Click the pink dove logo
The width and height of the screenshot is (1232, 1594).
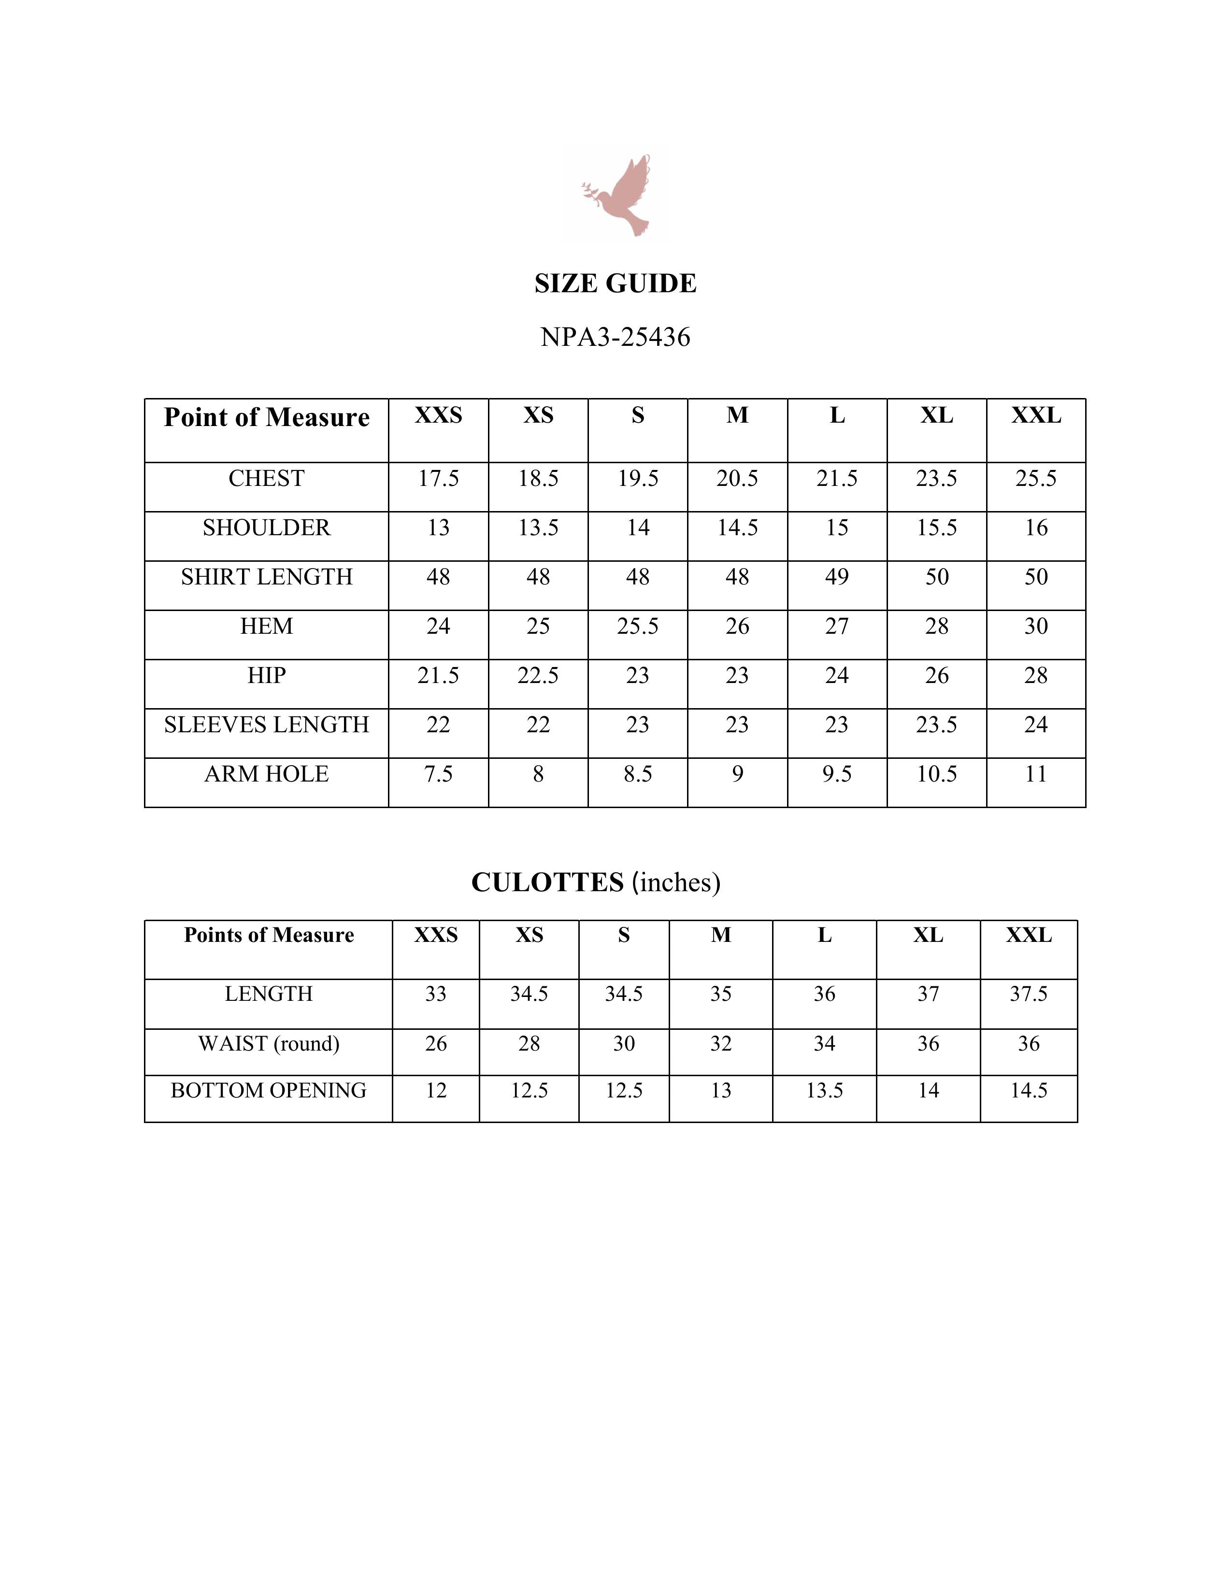[x=617, y=195]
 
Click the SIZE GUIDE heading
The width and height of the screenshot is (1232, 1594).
[x=615, y=283]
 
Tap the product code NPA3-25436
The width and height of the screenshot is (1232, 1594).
[x=615, y=337]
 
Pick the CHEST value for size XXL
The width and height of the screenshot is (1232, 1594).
[x=1036, y=479]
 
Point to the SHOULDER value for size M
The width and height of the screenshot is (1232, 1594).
[x=737, y=527]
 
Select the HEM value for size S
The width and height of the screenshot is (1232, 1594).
[x=637, y=626]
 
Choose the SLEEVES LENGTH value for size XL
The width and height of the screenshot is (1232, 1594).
[x=936, y=725]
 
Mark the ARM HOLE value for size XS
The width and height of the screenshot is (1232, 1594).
[x=538, y=774]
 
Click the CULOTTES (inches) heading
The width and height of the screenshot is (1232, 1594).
[x=596, y=882]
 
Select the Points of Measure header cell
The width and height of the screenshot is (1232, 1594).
[x=269, y=935]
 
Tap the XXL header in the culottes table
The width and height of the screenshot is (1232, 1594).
[x=1029, y=935]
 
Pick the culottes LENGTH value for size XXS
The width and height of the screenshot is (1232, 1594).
[x=436, y=994]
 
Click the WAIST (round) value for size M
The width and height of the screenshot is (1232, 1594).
[x=720, y=1044]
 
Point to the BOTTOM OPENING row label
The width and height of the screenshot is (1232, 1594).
[x=269, y=1090]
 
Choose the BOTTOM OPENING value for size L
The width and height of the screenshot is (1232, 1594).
[x=824, y=1090]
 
